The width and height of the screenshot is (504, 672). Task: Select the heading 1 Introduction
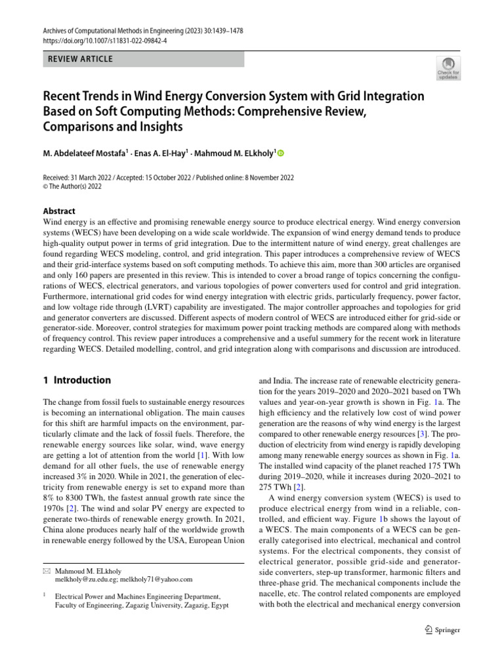click(x=77, y=380)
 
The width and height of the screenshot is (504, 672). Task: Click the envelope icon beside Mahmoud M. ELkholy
click(x=46, y=571)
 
